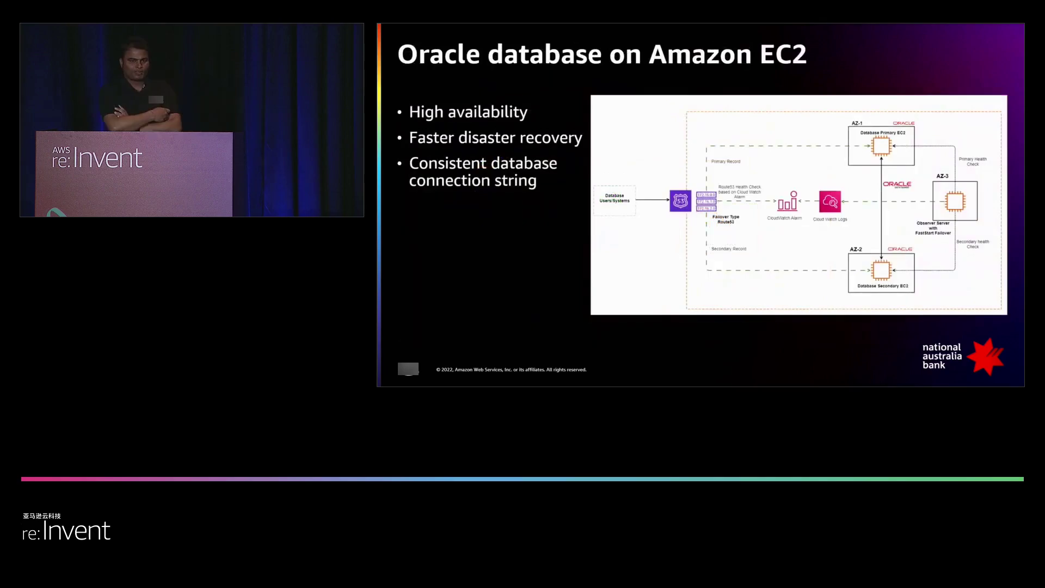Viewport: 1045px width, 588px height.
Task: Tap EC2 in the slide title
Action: pyautogui.click(x=783, y=54)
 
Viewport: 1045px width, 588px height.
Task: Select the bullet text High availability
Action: pyautogui.click(x=468, y=112)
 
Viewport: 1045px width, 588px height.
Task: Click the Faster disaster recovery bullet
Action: pyautogui.click(x=495, y=138)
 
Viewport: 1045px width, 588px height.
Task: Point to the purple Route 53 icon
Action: pyautogui.click(x=680, y=201)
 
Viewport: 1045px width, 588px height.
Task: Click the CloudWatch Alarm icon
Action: pyautogui.click(x=788, y=201)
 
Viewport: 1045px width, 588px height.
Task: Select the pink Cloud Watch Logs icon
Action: pyautogui.click(x=830, y=201)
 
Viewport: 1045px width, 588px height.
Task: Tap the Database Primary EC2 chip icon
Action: pyautogui.click(x=881, y=146)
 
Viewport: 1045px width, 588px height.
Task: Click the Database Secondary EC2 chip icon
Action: pyautogui.click(x=881, y=270)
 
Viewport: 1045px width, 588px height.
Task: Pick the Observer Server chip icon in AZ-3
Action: pyautogui.click(x=955, y=201)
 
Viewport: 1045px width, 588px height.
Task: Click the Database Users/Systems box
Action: pyautogui.click(x=614, y=198)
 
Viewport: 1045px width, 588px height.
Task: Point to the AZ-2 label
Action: pyautogui.click(x=856, y=249)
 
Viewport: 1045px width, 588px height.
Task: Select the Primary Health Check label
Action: pyautogui.click(x=973, y=162)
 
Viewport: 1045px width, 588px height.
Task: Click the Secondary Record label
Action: pyautogui.click(x=729, y=249)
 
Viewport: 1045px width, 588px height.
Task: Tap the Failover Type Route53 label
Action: pyautogui.click(x=726, y=219)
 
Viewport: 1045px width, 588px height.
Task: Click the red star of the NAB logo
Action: pyautogui.click(x=987, y=357)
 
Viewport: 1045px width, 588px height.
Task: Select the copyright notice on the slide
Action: pyautogui.click(x=511, y=370)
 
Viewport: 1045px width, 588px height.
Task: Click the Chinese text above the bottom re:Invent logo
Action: pyautogui.click(x=42, y=516)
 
